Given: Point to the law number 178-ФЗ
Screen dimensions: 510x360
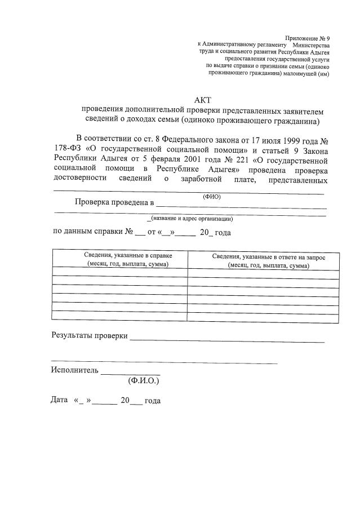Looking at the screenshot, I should point(67,149).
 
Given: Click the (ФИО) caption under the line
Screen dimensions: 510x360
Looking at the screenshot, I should point(211,197).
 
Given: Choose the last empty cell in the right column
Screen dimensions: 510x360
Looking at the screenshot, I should point(263,317).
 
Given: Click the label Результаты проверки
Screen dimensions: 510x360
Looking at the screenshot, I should point(90,335).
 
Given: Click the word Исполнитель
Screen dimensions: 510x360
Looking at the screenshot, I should point(75,370).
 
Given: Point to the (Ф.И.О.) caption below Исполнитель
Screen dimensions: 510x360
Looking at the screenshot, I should point(143,381).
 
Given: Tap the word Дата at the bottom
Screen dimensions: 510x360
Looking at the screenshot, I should point(59,401).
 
